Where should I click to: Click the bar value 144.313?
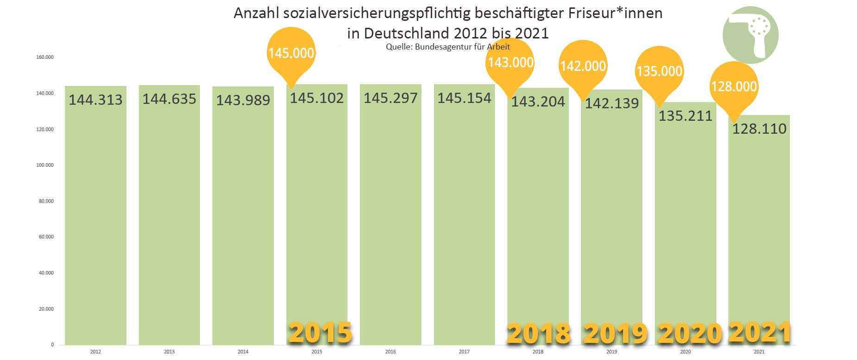click(x=95, y=100)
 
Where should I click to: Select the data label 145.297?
click(x=391, y=98)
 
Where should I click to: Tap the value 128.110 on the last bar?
click(x=759, y=129)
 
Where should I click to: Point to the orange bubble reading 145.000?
click(x=291, y=53)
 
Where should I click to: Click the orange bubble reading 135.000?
click(x=659, y=71)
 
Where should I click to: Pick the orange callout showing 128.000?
click(x=734, y=87)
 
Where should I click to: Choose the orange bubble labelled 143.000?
click(x=510, y=63)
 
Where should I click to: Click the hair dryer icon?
click(x=750, y=35)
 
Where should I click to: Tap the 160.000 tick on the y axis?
click(x=45, y=57)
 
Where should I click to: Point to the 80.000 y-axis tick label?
click(x=46, y=201)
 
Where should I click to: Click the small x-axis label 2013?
click(x=169, y=352)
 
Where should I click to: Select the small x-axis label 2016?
click(x=391, y=352)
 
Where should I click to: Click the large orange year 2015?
click(x=320, y=333)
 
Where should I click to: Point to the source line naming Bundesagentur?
click(x=448, y=47)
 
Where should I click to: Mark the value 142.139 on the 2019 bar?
click(x=611, y=103)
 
